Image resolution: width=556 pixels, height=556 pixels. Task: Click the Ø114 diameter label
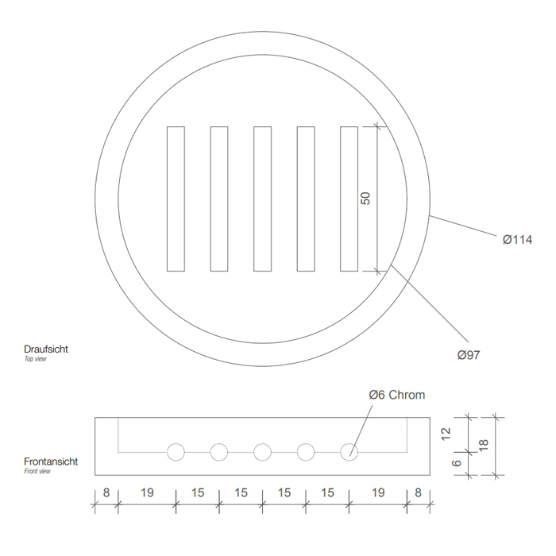tap(517, 240)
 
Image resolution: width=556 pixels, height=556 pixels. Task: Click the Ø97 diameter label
tap(469, 355)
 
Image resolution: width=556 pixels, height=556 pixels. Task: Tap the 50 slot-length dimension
tap(365, 199)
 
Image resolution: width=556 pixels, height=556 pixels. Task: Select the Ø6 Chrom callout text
tap(397, 395)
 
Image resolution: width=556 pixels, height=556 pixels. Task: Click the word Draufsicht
tap(46, 349)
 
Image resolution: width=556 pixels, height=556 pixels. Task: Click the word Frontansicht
tap(51, 461)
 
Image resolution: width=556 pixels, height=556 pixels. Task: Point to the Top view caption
tap(35, 359)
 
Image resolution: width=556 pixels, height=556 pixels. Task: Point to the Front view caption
tap(37, 471)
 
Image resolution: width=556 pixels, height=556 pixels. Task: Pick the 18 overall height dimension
tap(484, 445)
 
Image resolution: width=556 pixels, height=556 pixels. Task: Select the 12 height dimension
tap(446, 434)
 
